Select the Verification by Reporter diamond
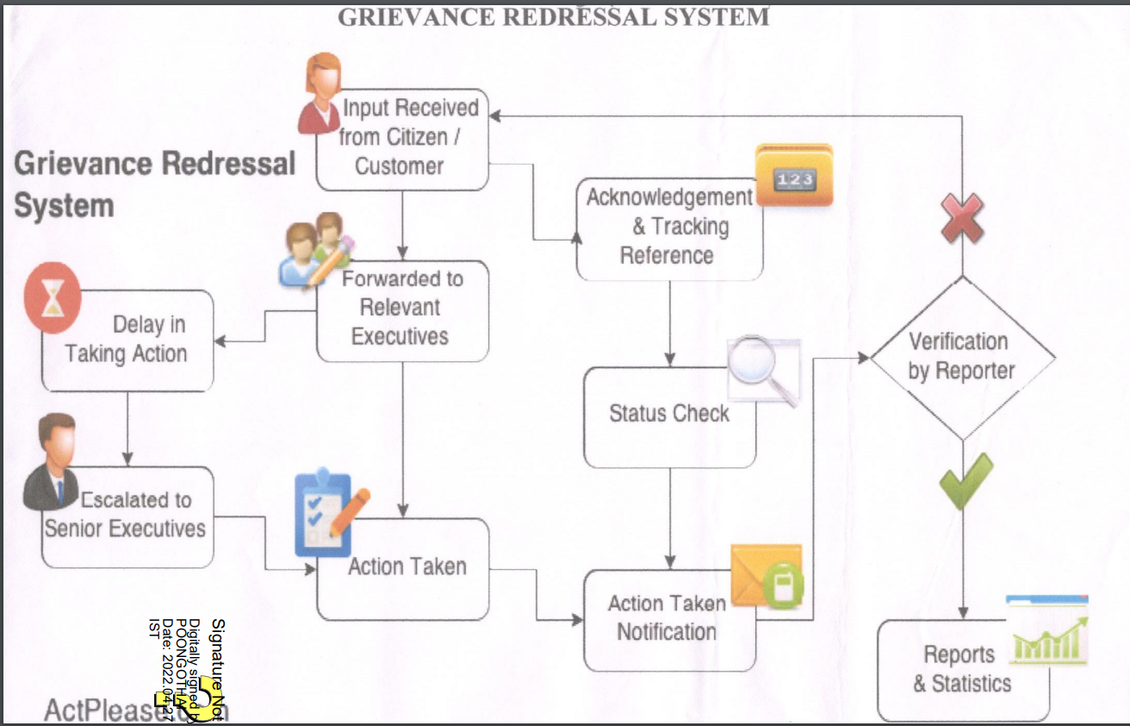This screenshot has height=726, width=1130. pos(962,357)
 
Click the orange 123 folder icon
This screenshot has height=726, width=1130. pos(793,176)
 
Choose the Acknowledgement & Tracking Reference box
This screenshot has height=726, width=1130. pos(668,228)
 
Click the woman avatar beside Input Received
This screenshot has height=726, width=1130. pos(320,93)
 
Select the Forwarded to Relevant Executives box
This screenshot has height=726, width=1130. pos(401,309)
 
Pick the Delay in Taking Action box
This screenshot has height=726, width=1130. pos(129,341)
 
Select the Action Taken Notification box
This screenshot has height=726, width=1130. pos(668,619)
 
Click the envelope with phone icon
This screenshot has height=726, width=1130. pos(768,576)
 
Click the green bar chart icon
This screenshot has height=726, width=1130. pos(1048,630)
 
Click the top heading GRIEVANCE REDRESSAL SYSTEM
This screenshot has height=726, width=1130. pos(553,16)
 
